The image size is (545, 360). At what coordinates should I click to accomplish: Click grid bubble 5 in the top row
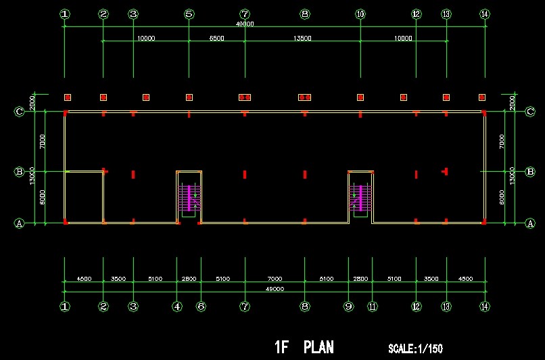(x=189, y=14)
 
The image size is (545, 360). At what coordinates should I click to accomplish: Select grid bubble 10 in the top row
(x=360, y=14)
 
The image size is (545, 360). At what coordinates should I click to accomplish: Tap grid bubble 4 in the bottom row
(x=177, y=307)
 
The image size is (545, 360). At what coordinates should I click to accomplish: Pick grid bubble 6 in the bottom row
(x=201, y=307)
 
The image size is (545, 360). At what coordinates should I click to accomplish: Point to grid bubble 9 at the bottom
(x=348, y=307)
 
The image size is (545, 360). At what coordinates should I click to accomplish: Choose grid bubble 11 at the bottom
(x=372, y=307)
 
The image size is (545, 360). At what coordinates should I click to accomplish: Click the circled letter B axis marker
(x=19, y=172)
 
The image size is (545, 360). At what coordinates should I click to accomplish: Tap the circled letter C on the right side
(x=529, y=112)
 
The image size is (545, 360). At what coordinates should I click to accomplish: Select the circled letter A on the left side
(x=19, y=223)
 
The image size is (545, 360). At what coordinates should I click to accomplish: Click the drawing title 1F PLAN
(x=304, y=347)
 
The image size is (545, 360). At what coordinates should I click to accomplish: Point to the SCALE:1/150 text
(x=415, y=349)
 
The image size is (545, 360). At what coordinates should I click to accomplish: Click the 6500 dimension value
(x=216, y=39)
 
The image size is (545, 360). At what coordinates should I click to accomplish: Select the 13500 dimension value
(x=302, y=39)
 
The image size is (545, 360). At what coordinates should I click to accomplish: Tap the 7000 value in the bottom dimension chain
(x=274, y=279)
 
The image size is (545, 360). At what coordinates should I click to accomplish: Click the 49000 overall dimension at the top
(x=245, y=24)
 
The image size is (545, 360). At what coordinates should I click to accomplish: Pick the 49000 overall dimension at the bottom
(x=274, y=289)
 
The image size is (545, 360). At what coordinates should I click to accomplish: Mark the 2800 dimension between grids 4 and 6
(x=189, y=279)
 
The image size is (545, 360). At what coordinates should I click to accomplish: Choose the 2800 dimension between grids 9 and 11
(x=360, y=279)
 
